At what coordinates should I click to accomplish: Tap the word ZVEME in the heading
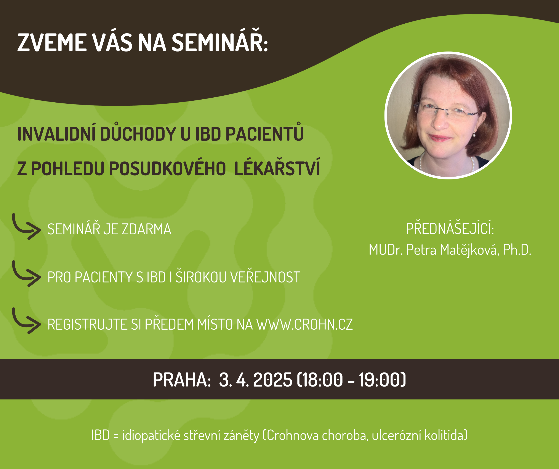click(x=52, y=43)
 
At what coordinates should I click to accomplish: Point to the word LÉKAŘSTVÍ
click(x=277, y=167)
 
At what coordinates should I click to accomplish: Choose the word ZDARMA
click(x=146, y=229)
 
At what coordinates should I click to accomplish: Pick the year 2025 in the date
click(x=272, y=380)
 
